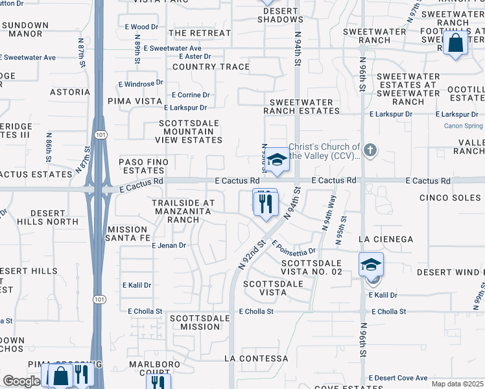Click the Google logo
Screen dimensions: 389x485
21,381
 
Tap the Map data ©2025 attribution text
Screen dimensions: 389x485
457,383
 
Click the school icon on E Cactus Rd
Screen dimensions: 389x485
277,159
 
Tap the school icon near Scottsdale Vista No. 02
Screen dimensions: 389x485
371,265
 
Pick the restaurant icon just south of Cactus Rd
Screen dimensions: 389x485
265,204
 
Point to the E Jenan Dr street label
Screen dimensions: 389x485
169,246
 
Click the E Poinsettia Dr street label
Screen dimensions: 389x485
294,248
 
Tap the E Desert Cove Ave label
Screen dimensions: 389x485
398,378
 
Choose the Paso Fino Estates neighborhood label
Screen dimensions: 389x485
143,166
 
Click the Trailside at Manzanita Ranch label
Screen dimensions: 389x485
183,211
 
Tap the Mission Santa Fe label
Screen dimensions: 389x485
128,234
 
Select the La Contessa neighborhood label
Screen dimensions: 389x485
256,359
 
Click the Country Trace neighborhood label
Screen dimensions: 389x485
211,67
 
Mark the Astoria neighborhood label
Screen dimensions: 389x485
69,92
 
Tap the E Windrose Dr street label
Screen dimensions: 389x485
141,84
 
